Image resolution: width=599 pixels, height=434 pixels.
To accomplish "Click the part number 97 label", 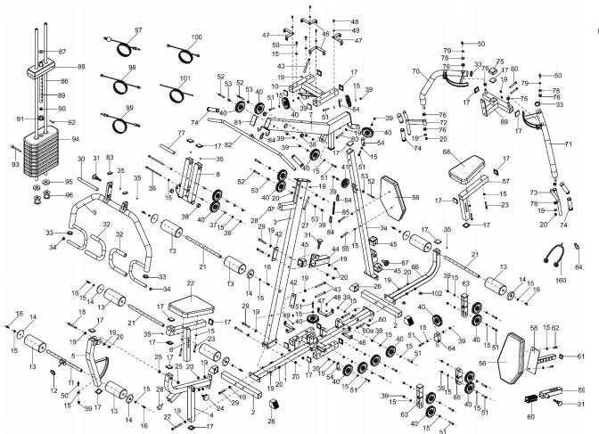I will (138, 30).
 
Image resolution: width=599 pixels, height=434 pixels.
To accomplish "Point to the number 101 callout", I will (185, 78).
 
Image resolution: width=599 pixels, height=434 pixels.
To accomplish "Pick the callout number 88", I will (81, 67).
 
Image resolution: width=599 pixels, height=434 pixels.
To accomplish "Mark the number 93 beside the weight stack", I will (13, 164).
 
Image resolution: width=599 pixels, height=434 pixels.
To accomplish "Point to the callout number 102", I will (437, 293).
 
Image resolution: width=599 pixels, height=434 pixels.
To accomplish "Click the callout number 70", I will (415, 70).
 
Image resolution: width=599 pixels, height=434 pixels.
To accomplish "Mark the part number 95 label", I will (69, 182).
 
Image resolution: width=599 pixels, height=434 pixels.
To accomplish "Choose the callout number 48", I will (354, 21).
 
